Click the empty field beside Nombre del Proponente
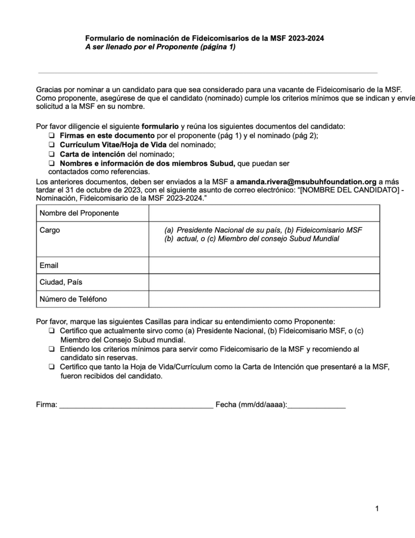point(264,213)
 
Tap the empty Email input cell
point(264,265)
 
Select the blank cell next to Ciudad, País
point(264,282)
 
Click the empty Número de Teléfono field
point(264,299)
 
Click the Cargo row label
point(50,230)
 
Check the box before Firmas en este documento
point(51,136)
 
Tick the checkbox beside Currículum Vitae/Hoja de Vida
point(51,145)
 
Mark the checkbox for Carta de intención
point(51,154)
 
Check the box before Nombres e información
point(51,163)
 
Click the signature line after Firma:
point(136,406)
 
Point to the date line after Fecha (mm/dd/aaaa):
point(317,406)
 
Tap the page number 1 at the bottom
point(377,508)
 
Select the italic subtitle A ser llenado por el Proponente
point(161,47)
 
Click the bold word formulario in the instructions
point(160,127)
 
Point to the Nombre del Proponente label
point(79,213)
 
